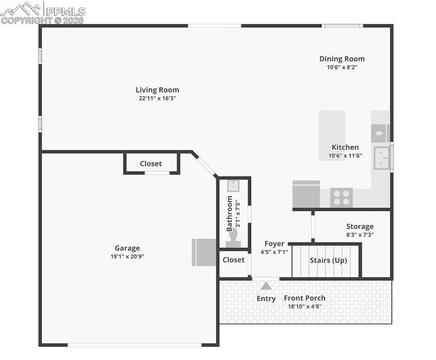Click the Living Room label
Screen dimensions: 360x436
pos(157,90)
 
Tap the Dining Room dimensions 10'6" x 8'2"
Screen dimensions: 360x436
pos(342,67)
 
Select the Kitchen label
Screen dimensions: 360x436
pos(345,147)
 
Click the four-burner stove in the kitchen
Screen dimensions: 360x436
pos(341,197)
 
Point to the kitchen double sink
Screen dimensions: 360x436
pos(382,158)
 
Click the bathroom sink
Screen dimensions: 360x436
pos(233,186)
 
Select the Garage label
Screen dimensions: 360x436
pos(127,248)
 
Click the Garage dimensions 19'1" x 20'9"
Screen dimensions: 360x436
pos(127,256)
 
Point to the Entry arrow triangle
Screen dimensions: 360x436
pos(266,285)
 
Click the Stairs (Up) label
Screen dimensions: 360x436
pos(328,261)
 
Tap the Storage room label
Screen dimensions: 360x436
pos(360,226)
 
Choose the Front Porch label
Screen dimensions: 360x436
pos(304,298)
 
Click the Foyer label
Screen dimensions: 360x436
pos(274,244)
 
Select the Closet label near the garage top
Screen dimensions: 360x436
pos(151,164)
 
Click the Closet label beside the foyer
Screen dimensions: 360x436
pos(233,260)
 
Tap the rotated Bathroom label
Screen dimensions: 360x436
pos(229,214)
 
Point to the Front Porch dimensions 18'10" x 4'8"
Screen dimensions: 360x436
pos(304,307)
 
